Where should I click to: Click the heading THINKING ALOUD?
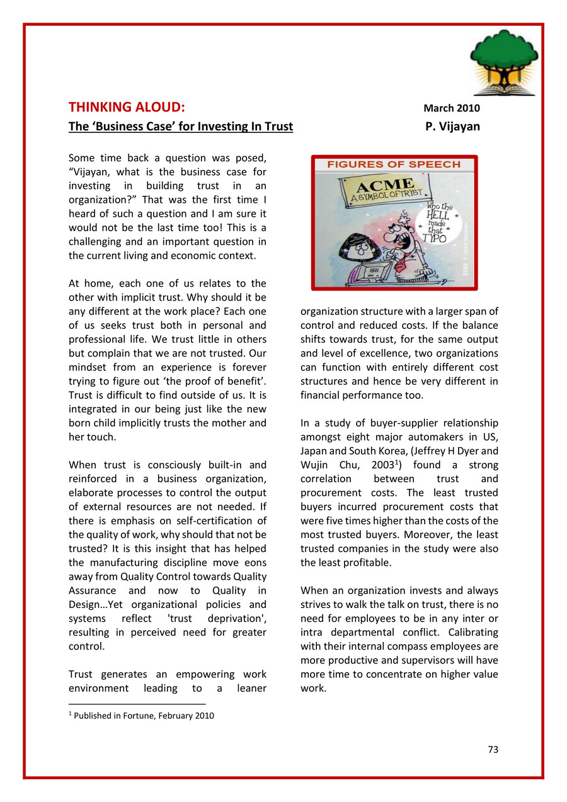pos(127,107)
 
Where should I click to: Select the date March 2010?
pos(452,108)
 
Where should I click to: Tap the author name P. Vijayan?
pos(452,127)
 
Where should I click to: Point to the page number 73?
pos(493,750)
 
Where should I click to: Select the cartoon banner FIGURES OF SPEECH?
pos(394,165)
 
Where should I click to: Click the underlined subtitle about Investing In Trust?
pos(181,127)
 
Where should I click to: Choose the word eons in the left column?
pos(252,563)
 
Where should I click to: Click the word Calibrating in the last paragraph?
pos(469,632)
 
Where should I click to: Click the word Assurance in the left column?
pos(92,590)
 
